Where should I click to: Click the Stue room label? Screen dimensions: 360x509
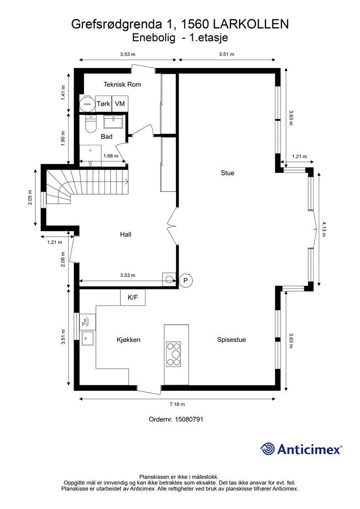tap(227, 172)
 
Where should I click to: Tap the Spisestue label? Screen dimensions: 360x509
tap(231, 339)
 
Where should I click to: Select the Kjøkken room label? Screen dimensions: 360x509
tap(129, 340)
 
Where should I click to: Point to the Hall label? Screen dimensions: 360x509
tap(126, 235)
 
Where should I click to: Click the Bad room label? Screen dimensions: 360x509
tap(106, 136)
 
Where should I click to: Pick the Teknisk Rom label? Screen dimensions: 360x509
tap(122, 85)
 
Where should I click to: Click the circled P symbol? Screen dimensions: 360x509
tap(185, 280)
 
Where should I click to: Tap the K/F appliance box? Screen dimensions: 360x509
tap(133, 297)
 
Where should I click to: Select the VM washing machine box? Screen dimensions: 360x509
tap(120, 103)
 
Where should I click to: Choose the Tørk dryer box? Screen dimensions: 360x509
tap(103, 103)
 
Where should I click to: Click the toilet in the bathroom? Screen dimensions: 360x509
tap(91, 123)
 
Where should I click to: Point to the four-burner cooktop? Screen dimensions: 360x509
tap(174, 354)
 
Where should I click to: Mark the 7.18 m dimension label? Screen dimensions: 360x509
tap(177, 404)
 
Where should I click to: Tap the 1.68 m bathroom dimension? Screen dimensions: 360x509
tap(111, 156)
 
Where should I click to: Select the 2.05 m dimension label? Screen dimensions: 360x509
tap(30, 197)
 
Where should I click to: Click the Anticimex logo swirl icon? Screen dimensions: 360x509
tap(268, 449)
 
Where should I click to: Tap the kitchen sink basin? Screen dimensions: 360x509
tap(88, 338)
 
